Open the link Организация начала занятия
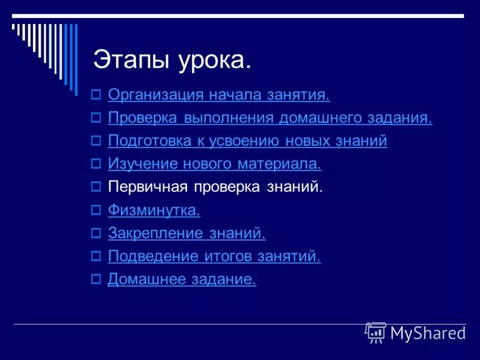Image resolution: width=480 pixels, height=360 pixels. [x=219, y=95]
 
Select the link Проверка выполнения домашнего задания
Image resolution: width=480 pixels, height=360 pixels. [x=269, y=118]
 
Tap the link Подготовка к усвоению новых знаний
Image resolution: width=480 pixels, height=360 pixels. [x=247, y=141]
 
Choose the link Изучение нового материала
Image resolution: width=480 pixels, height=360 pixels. [x=214, y=164]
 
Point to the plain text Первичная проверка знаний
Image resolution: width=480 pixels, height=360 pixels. [x=215, y=187]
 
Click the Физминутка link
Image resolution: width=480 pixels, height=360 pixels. [x=154, y=210]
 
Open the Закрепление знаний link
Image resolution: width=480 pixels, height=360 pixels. [x=187, y=233]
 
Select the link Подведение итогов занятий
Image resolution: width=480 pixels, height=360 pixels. [x=214, y=257]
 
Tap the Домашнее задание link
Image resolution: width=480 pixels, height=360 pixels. [x=182, y=280]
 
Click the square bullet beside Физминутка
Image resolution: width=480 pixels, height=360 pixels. [x=95, y=211]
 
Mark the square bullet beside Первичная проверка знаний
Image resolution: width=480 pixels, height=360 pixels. [x=95, y=187]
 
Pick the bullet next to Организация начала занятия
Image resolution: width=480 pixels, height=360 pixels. [x=95, y=95]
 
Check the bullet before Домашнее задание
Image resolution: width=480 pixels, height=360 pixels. [x=95, y=280]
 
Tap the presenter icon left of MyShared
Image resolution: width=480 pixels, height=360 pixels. [x=376, y=332]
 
